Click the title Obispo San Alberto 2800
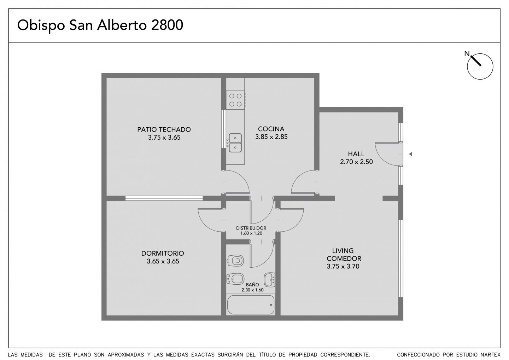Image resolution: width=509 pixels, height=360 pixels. click(100, 25)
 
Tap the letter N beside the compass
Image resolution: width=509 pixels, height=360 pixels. click(467, 54)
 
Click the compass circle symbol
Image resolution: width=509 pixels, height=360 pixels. click(480, 66)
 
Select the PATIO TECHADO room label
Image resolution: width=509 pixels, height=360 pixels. click(164, 129)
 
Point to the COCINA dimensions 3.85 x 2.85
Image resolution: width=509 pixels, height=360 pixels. click(271, 137)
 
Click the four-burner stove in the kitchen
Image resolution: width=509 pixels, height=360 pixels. click(236, 100)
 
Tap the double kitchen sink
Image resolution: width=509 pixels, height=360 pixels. click(235, 143)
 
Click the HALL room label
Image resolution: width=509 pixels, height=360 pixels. click(356, 154)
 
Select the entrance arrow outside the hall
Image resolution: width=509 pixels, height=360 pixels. click(410, 154)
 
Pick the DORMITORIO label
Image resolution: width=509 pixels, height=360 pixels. click(163, 253)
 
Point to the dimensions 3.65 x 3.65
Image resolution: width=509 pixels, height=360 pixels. click(163, 261)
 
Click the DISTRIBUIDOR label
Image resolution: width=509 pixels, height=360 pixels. click(251, 228)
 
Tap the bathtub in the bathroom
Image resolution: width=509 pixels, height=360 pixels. click(251, 305)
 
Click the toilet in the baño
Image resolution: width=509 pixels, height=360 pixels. click(235, 261)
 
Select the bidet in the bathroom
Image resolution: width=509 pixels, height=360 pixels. click(235, 279)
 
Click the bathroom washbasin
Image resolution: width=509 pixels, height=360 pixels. click(269, 279)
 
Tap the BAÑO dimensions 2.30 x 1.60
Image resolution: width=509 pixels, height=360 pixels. click(252, 290)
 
